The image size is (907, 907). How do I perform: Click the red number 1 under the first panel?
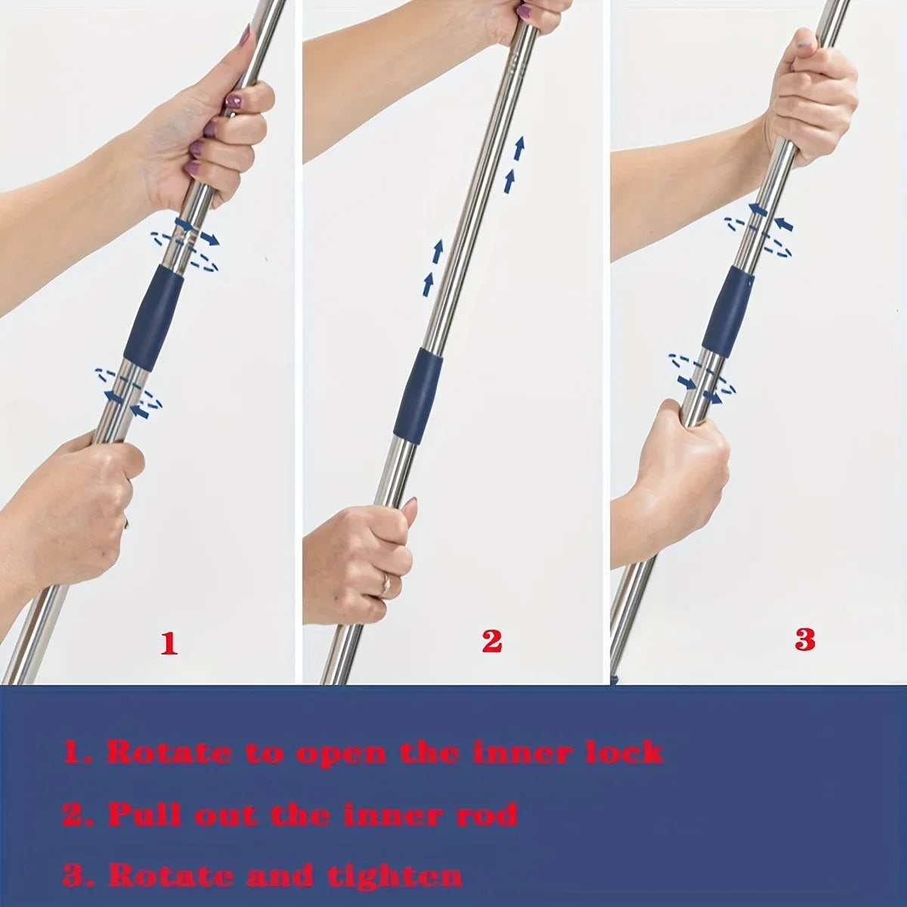[x=169, y=643]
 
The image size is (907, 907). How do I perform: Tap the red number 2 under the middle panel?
[x=491, y=641]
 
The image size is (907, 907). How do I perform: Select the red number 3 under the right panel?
[x=805, y=639]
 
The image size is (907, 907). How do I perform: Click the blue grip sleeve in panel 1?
[x=153, y=320]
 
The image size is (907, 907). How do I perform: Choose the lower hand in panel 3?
[x=673, y=469]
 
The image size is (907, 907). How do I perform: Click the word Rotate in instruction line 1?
[x=169, y=754]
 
